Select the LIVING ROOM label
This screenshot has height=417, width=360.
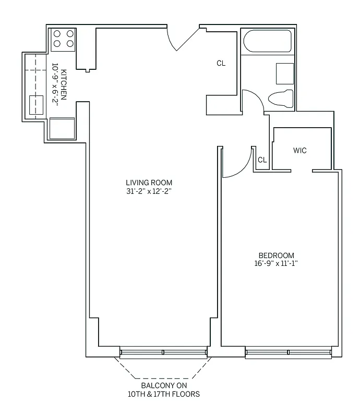tap(149, 182)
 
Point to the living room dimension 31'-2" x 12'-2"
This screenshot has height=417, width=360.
tap(149, 191)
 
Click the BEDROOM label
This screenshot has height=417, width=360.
tap(276, 255)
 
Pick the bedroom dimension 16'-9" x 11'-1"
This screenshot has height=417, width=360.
tap(276, 264)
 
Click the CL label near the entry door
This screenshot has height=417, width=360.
tap(221, 64)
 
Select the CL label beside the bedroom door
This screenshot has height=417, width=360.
tap(262, 160)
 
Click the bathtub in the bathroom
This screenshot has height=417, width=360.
tap(267, 42)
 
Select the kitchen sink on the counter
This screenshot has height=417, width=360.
tap(36, 105)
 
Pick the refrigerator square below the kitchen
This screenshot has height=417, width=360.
tap(62, 128)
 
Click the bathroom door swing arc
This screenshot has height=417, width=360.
tap(253, 99)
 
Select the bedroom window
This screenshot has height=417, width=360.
tap(288, 353)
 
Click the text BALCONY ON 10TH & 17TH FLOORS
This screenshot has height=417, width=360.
tap(163, 390)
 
